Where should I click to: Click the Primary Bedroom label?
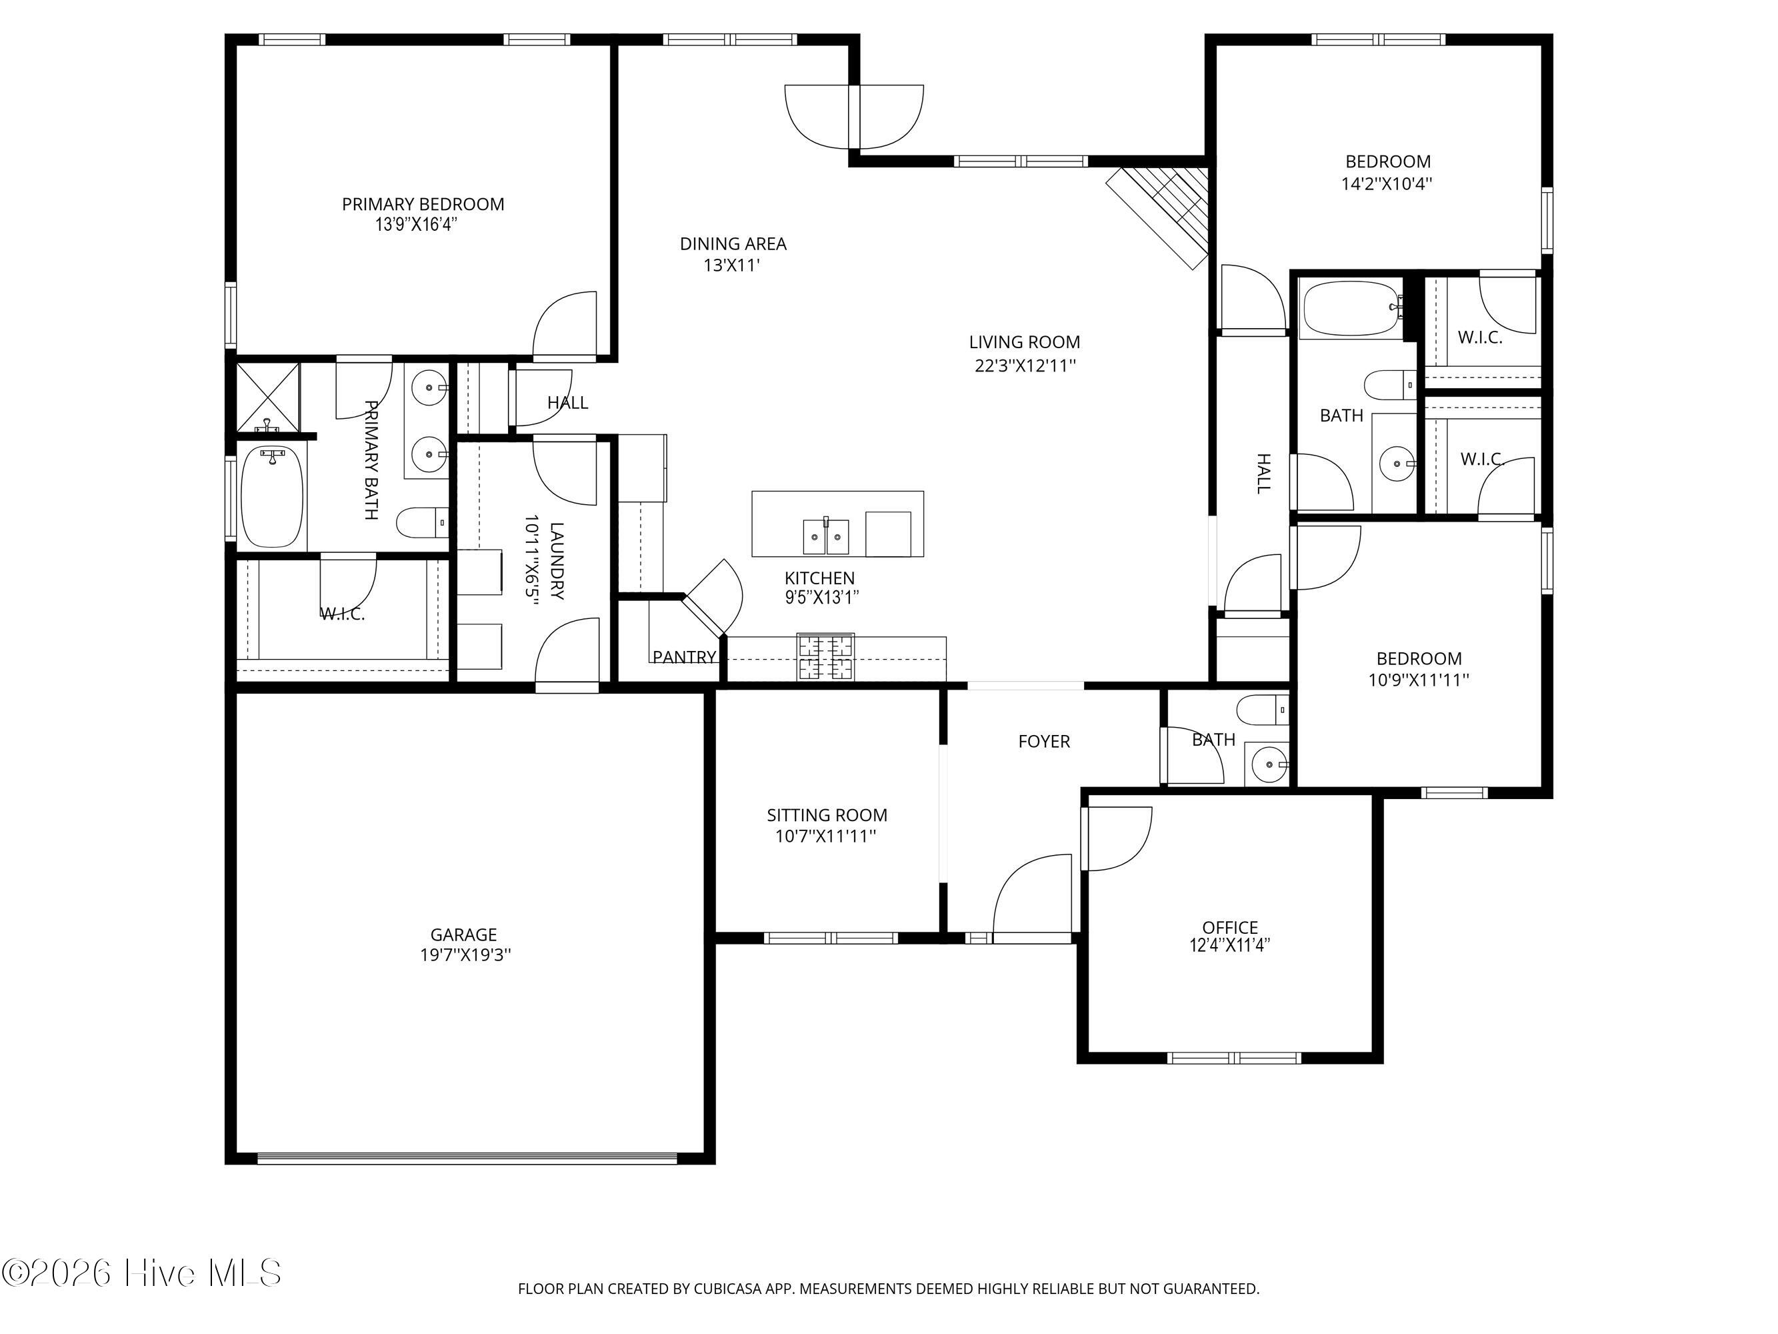(x=423, y=204)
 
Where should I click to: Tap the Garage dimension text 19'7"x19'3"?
(x=465, y=955)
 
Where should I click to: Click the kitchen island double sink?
(x=825, y=536)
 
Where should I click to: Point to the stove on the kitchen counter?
(x=825, y=657)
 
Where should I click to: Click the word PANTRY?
(x=684, y=657)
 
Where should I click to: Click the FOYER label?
(x=1044, y=742)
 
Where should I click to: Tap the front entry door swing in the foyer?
(x=1033, y=893)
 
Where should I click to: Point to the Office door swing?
(x=1117, y=838)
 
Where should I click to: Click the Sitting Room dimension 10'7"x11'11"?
(x=825, y=836)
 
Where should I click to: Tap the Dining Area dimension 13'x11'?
(x=732, y=265)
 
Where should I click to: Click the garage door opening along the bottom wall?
(x=467, y=1159)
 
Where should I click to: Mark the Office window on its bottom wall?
(x=1234, y=1058)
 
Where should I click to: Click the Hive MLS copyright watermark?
(x=142, y=1273)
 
